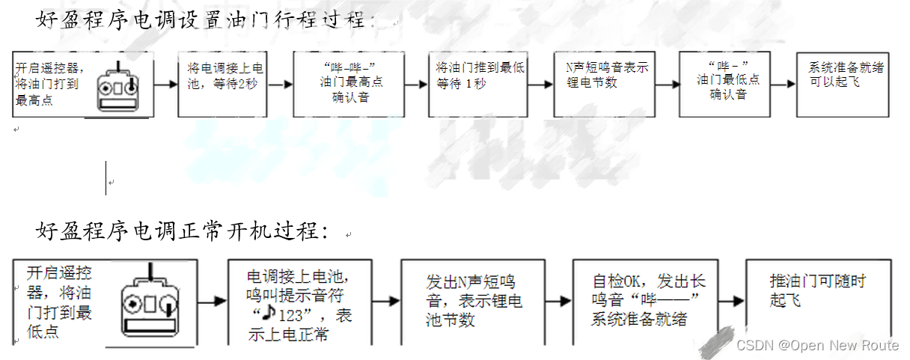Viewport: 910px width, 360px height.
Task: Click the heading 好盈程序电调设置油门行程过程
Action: click(x=202, y=20)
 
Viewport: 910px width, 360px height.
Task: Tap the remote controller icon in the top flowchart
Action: click(x=119, y=86)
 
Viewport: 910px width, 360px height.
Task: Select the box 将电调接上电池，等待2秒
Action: click(x=222, y=84)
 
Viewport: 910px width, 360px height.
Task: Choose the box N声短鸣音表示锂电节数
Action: click(x=607, y=84)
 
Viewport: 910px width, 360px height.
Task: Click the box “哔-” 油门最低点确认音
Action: click(x=728, y=84)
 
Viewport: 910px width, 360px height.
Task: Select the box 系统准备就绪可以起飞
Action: click(x=843, y=84)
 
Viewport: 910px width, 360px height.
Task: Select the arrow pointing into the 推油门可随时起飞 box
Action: click(x=733, y=301)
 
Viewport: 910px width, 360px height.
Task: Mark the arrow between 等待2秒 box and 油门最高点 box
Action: click(x=280, y=84)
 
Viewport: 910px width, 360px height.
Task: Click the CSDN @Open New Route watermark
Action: click(x=817, y=345)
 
